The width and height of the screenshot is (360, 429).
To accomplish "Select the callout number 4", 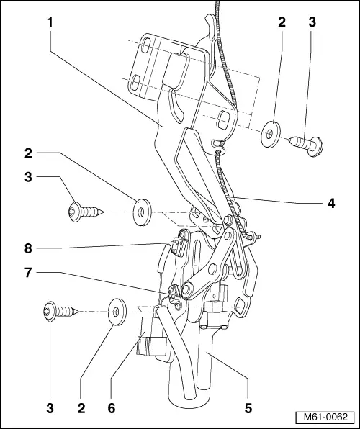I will [331, 204].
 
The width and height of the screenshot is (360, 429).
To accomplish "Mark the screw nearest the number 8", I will [84, 212].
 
